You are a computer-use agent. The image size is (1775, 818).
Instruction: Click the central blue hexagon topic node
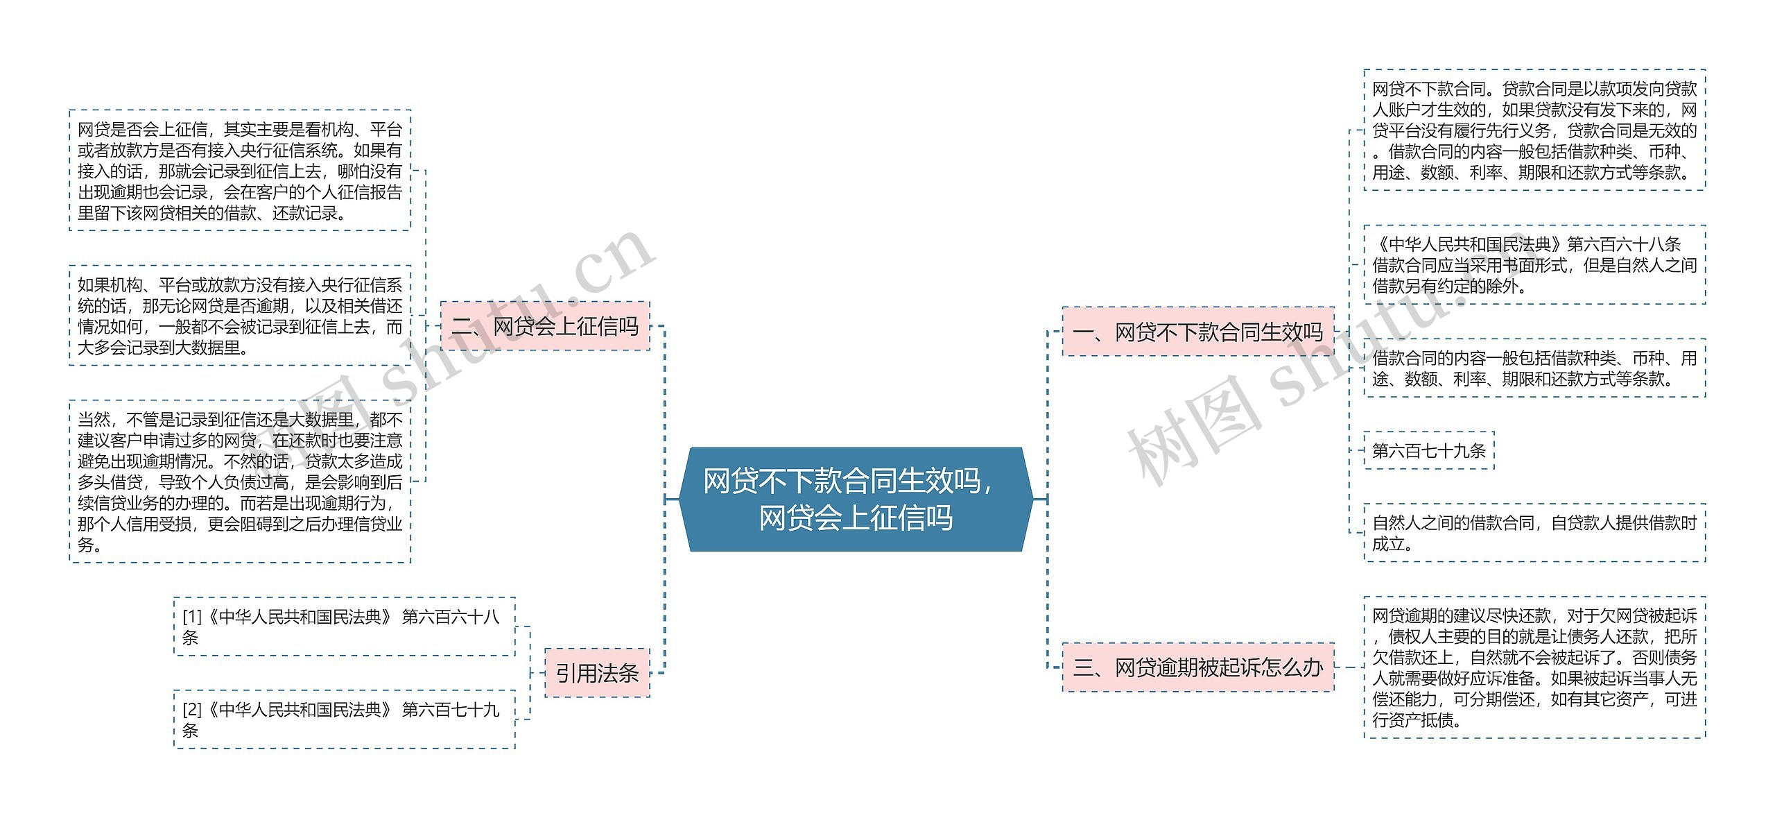tap(856, 499)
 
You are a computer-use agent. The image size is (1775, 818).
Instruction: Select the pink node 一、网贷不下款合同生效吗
tap(1197, 332)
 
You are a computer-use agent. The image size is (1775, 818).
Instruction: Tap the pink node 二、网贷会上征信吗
tap(545, 326)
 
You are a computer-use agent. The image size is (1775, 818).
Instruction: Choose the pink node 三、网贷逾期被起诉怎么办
tap(1197, 667)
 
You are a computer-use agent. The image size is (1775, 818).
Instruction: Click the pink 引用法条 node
tap(597, 673)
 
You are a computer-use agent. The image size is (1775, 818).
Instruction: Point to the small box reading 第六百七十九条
tap(1428, 451)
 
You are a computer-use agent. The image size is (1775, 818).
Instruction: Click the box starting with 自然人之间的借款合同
tap(1534, 533)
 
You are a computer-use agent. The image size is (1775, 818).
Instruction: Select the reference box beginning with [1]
tap(344, 627)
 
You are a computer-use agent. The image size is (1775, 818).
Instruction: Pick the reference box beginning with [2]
tap(344, 719)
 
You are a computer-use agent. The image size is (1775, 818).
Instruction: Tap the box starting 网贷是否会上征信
tap(240, 171)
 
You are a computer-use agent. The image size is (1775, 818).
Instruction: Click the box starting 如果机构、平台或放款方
tap(240, 316)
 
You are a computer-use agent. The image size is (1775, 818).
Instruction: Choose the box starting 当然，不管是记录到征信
tap(240, 482)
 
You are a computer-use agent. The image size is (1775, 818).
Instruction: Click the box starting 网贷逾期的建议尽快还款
tap(1534, 667)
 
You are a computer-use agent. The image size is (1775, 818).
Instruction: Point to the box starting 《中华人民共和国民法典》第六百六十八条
tap(1534, 265)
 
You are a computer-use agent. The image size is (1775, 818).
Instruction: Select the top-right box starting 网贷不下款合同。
tap(1534, 130)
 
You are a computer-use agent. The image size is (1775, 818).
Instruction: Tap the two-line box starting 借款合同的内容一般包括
tap(1534, 368)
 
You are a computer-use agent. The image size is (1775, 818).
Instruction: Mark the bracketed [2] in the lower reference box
tap(192, 710)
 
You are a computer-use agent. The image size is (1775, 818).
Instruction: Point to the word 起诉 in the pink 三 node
tap(1239, 667)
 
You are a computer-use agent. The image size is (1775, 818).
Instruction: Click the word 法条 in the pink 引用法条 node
tap(618, 673)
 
